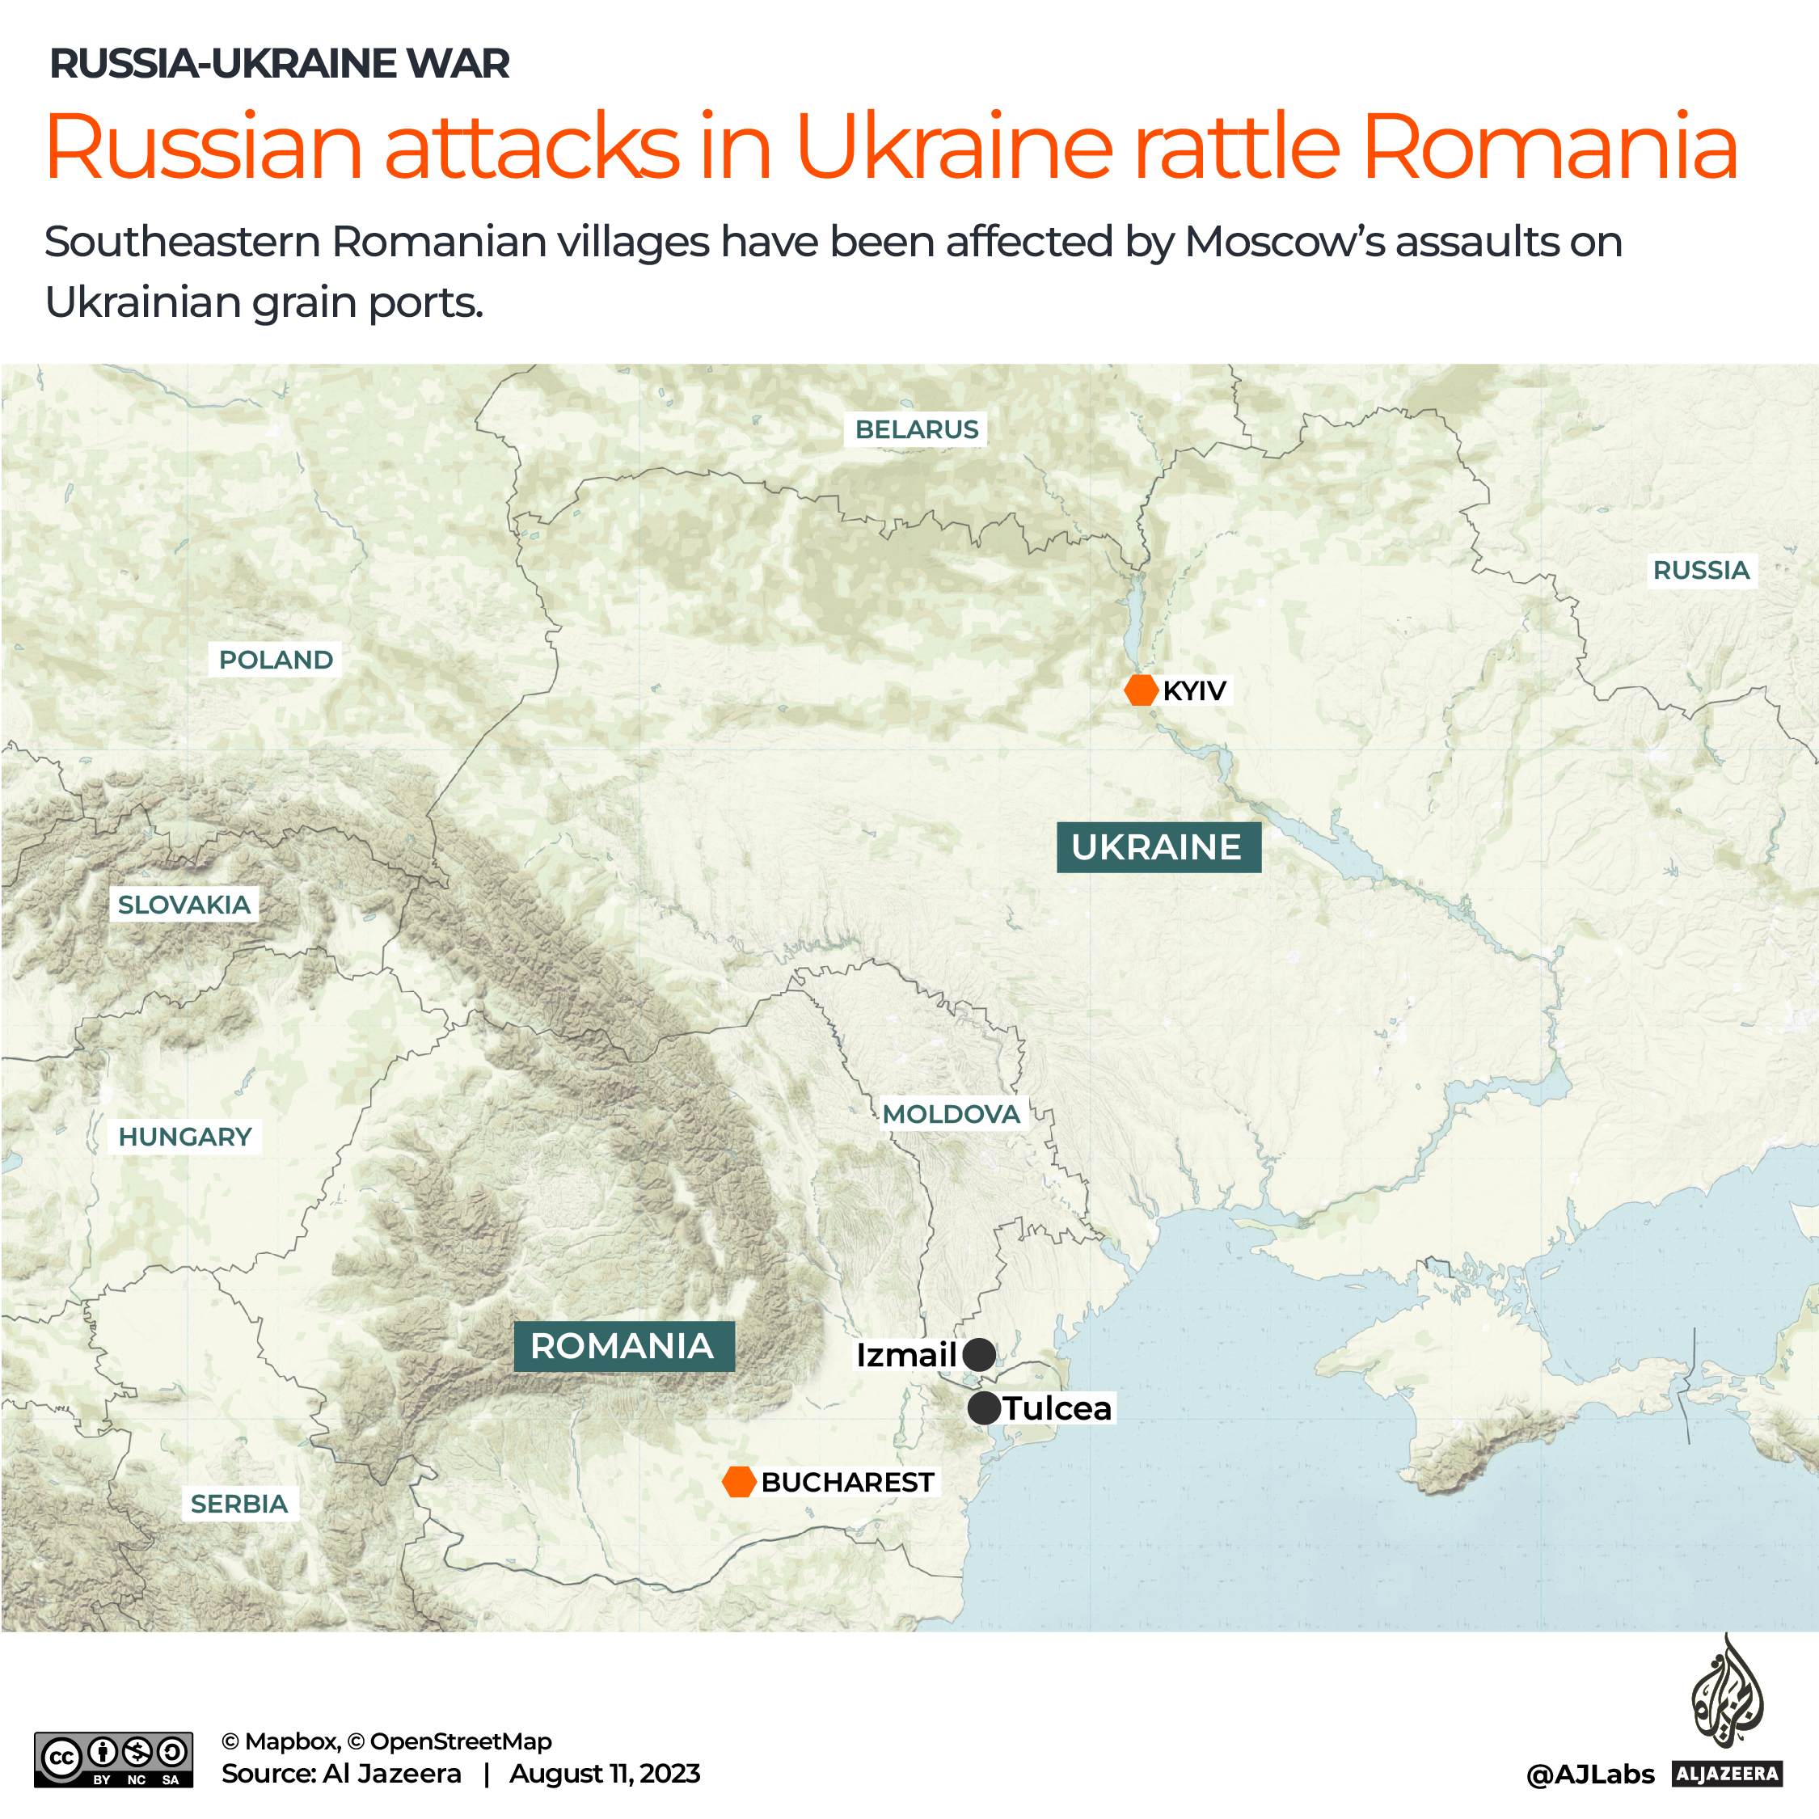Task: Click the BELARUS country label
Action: pos(916,429)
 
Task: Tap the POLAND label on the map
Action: pos(275,659)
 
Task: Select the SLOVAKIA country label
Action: pos(184,905)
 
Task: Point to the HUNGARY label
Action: pos(184,1137)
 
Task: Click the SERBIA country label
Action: pos(239,1504)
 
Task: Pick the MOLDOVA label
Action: pos(951,1114)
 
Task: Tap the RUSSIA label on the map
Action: pos(1700,570)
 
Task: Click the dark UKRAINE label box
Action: pos(1157,847)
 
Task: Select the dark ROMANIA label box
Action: pos(623,1345)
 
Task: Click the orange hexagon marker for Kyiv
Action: pos(1140,690)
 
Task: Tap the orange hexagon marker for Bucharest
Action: pos(739,1481)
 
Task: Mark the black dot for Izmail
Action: pos(979,1355)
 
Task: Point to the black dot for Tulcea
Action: pos(984,1408)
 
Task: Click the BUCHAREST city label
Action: pos(847,1482)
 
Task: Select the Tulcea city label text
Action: pos(1057,1408)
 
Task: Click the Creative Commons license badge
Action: pos(113,1758)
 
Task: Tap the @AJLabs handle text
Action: pos(1589,1775)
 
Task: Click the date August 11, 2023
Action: pos(605,1774)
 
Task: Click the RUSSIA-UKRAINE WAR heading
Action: pos(279,64)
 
